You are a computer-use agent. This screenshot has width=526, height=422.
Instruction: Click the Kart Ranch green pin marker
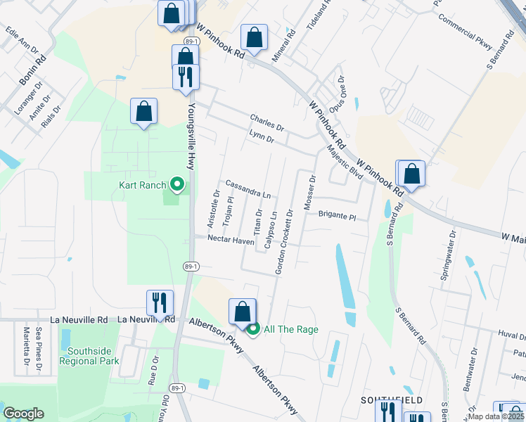tap(177, 185)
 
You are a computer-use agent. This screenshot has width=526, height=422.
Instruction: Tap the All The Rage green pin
tap(253, 328)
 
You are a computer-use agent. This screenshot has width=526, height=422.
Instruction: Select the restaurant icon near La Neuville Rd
tap(160, 303)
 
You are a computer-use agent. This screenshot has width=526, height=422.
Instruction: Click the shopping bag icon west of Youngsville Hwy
tap(143, 111)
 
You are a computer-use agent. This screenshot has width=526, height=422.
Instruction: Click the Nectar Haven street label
tap(231, 240)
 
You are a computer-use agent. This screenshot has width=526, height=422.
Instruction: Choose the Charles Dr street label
tap(267, 123)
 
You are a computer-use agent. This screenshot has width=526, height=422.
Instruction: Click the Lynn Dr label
tap(261, 136)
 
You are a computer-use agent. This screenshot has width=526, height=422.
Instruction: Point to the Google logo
tap(23, 414)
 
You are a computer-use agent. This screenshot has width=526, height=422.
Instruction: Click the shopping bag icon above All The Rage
tap(242, 312)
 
